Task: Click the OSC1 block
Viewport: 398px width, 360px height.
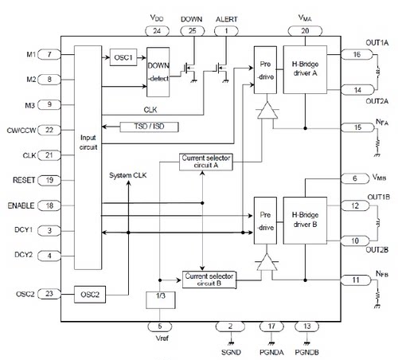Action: point(123,57)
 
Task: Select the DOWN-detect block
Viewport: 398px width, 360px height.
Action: point(158,72)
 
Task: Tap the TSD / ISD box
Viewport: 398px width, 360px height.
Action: point(149,127)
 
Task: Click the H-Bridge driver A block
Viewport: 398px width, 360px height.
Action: point(305,69)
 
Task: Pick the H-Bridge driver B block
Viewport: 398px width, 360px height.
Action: point(305,221)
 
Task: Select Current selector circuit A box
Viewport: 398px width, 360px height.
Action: point(206,162)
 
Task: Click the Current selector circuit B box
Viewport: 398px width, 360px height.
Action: point(209,280)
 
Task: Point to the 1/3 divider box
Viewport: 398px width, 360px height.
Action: point(161,300)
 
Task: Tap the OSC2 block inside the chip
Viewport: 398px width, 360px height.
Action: point(90,295)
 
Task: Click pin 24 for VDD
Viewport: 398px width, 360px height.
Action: point(157,31)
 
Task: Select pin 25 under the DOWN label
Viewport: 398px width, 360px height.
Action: point(193,31)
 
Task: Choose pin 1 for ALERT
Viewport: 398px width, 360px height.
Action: point(226,31)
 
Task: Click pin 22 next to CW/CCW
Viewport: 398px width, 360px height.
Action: point(49,130)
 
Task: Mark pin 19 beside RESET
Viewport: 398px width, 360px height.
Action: point(49,181)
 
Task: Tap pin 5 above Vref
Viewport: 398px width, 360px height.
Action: point(160,327)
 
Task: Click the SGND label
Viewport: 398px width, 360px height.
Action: point(231,352)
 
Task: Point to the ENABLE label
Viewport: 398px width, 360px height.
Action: point(21,205)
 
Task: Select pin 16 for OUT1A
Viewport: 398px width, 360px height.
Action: point(357,55)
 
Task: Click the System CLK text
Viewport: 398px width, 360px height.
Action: point(128,175)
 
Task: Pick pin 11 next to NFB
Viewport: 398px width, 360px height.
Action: point(356,280)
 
